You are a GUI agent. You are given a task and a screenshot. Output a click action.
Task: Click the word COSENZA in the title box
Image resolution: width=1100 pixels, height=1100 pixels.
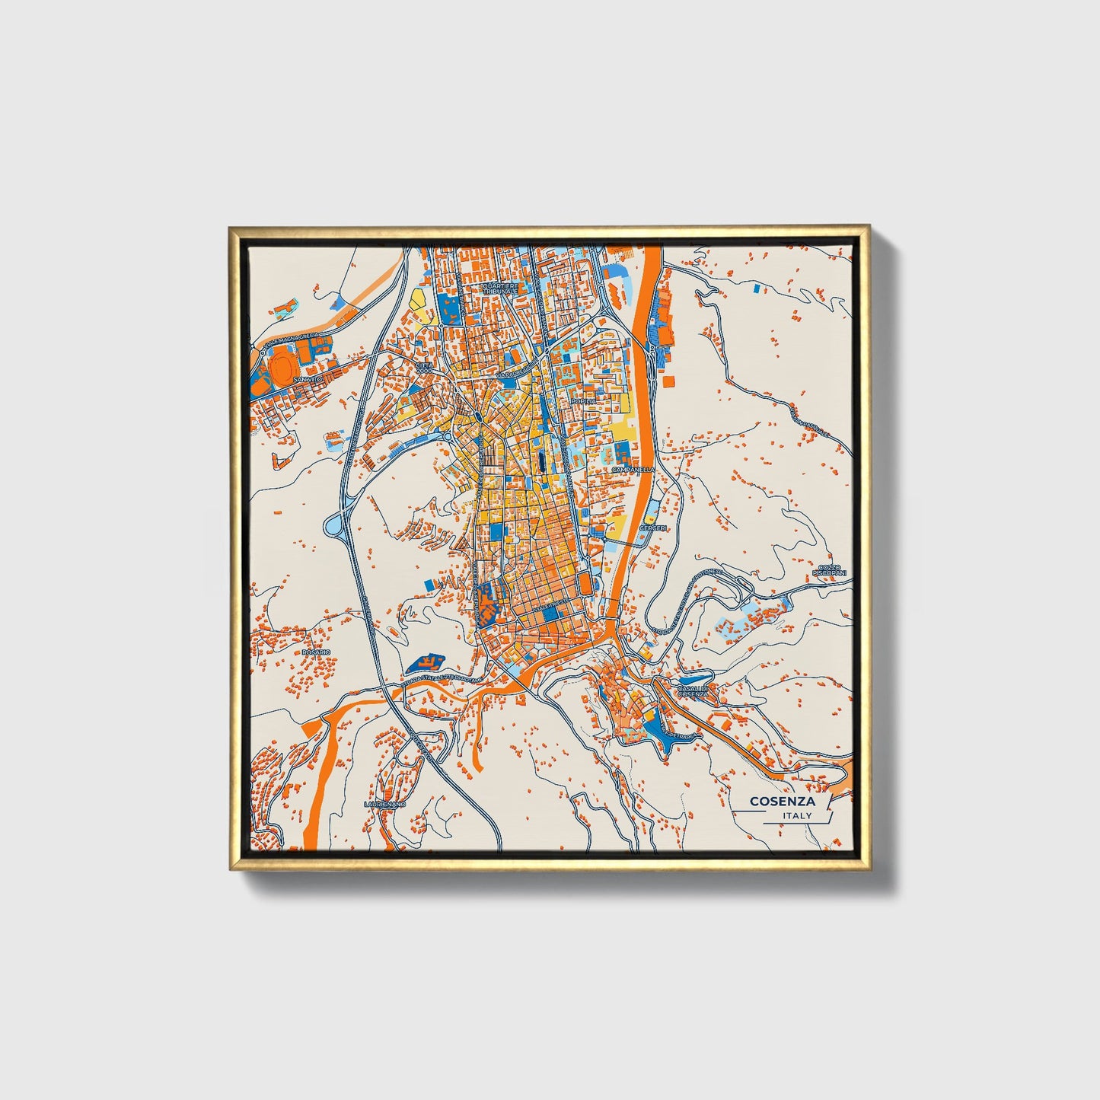[782, 801]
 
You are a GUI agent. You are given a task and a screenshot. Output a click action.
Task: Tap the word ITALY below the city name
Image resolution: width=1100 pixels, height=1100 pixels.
[796, 815]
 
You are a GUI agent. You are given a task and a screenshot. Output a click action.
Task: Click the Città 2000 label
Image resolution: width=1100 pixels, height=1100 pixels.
[424, 368]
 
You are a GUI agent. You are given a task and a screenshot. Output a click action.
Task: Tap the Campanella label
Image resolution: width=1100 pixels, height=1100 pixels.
[632, 470]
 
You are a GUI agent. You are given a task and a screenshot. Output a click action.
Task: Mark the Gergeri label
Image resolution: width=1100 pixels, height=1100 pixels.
[652, 528]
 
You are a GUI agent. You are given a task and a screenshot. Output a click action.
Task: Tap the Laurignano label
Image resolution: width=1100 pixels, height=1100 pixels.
[384, 804]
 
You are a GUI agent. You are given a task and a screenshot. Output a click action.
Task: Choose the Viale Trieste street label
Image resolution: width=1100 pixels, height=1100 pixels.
[550, 603]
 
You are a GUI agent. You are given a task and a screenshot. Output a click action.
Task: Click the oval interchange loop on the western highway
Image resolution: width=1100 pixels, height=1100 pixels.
[334, 524]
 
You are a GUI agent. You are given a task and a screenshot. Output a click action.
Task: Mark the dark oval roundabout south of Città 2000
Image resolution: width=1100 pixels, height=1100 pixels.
[476, 416]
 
